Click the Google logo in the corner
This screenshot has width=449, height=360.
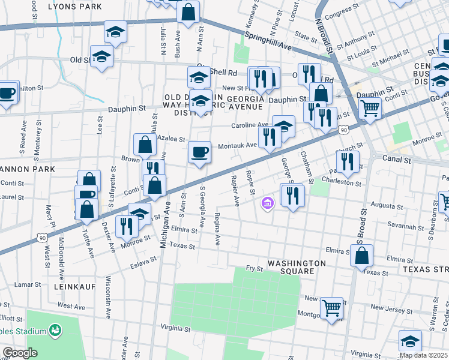pos(20,353)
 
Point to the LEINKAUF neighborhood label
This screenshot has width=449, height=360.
pos(74,287)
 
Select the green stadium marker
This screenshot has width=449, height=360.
pos(55,330)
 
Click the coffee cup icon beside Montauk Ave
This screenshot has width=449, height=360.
pos(199,152)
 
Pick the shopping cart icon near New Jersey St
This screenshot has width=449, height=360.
pos(331,308)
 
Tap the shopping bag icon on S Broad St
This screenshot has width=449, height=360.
pos(362,255)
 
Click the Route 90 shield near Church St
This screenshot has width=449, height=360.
pos(343,129)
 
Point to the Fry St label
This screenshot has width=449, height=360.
pos(255,269)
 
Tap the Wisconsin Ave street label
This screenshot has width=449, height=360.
pos(109,298)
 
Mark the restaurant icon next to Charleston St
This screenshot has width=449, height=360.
pos(348,160)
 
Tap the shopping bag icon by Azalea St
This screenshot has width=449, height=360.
pos(145,145)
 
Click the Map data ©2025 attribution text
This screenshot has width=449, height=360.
pos(424,355)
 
